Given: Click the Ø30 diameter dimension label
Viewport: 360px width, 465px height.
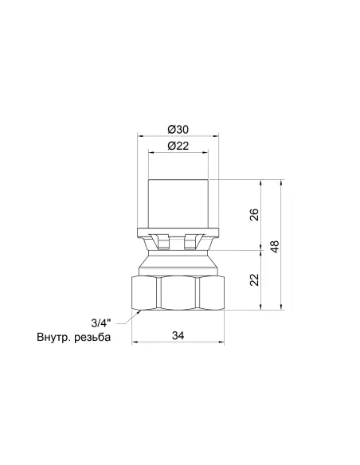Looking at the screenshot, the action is pyautogui.click(x=178, y=130).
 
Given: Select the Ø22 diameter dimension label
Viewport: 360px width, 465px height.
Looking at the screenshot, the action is pyautogui.click(x=178, y=146).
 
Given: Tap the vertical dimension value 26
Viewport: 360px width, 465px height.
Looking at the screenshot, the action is pyautogui.click(x=254, y=215).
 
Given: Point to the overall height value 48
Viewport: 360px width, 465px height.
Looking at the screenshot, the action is pyautogui.click(x=276, y=247).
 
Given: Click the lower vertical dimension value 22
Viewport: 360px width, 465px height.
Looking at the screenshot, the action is pyautogui.click(x=254, y=279).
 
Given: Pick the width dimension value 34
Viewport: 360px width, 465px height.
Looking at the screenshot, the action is pyautogui.click(x=178, y=335).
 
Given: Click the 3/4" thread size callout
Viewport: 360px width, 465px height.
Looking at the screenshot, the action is pyautogui.click(x=101, y=323).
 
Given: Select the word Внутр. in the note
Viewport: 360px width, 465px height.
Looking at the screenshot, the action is pyautogui.click(x=53, y=337).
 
